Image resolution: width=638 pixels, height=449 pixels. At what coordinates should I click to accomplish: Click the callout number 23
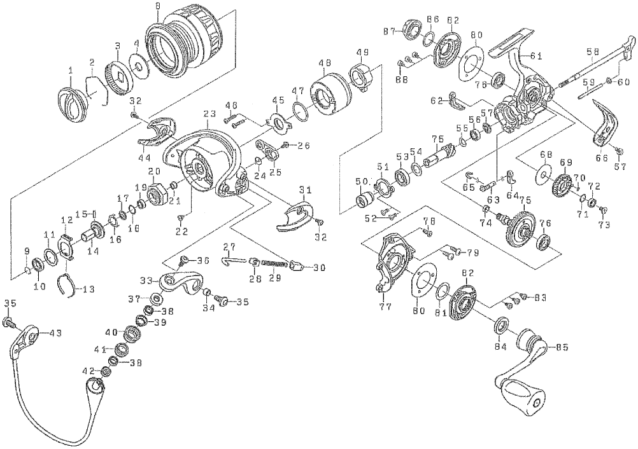click(206, 113)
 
